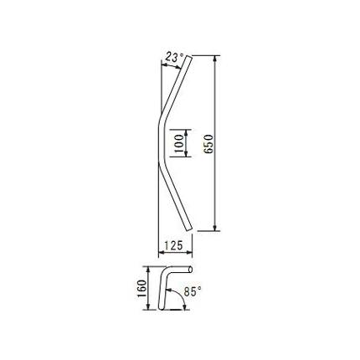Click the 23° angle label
(174, 57)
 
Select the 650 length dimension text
(208, 144)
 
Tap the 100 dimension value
(179, 143)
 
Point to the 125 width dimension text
(173, 245)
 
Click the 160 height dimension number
(141, 288)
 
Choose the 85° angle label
(193, 291)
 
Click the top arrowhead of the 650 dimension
(215, 59)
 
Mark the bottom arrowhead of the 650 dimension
(215, 228)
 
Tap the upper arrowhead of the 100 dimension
(187, 132)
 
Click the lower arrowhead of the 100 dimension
(187, 154)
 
